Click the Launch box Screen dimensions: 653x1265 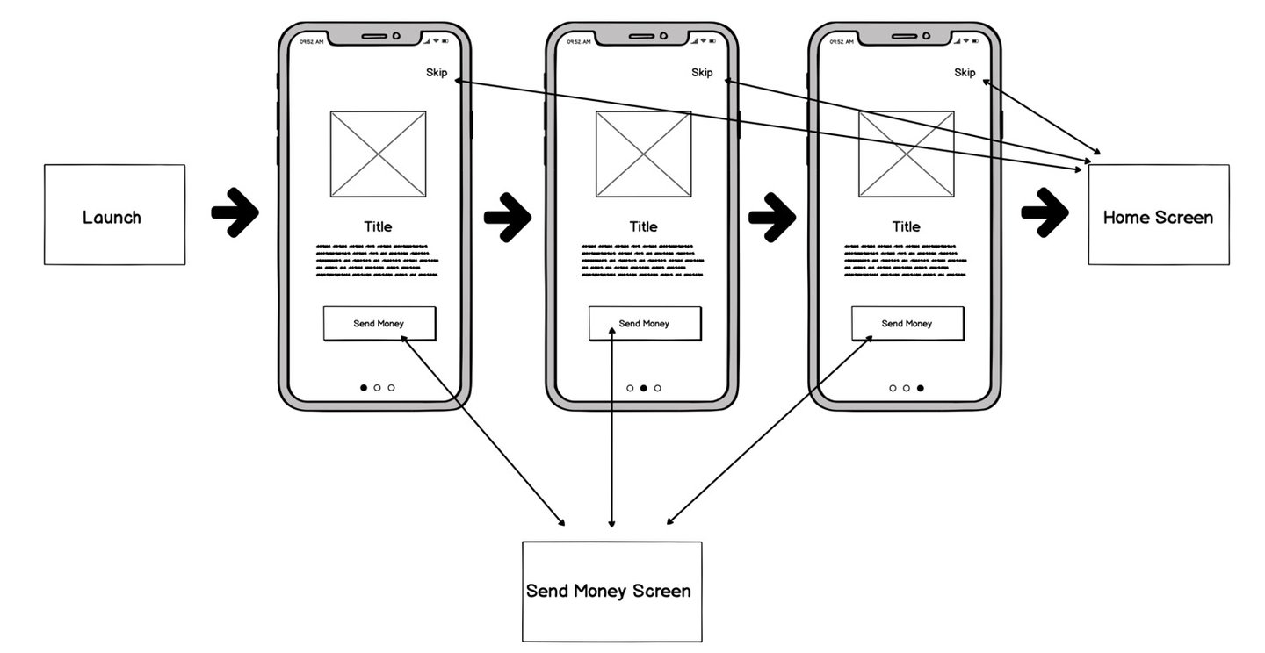114,215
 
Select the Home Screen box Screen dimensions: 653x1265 1158,215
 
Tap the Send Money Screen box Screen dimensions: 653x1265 611,591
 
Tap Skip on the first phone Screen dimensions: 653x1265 437,73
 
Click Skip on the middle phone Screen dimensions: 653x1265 702,73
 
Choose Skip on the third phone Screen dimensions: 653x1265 965,73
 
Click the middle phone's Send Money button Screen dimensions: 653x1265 644,324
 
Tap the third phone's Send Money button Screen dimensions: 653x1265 907,324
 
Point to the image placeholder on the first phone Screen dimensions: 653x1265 378,154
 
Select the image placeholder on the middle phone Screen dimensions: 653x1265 643,154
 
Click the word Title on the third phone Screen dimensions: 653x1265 906,226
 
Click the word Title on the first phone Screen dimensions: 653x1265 378,226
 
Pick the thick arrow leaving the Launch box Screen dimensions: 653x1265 235,212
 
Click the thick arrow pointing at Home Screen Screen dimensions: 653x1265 1045,212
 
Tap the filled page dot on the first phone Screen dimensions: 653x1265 364,388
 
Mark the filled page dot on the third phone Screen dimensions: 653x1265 920,388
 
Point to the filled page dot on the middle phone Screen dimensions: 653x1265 643,388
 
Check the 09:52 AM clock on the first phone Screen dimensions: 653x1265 311,41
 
